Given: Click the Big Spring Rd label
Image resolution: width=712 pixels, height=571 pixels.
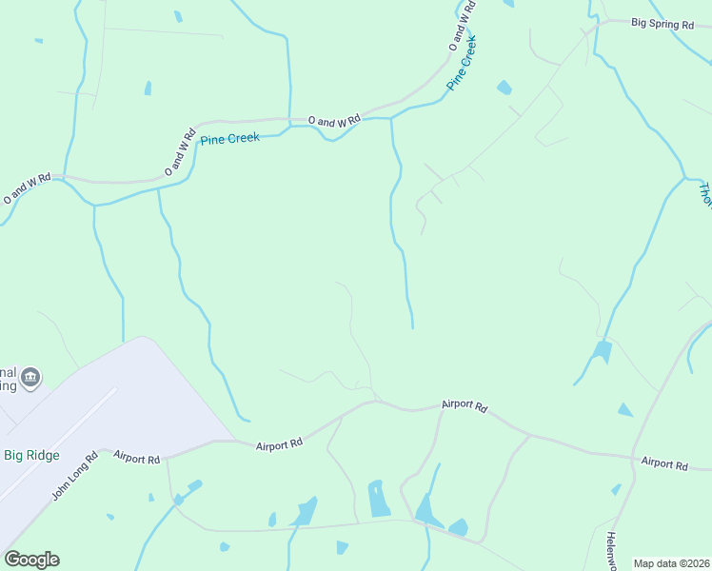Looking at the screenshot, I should pos(663,25).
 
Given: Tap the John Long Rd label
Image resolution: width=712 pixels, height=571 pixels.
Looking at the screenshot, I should pos(75,476).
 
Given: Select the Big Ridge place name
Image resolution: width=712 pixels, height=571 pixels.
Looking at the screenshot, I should pos(32,454).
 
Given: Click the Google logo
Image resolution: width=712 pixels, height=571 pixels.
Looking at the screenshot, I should pos(31,560).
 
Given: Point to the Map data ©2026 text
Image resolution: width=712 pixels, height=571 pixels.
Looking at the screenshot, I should pos(672,563).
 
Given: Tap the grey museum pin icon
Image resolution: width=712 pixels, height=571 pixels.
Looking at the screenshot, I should pos(30,377).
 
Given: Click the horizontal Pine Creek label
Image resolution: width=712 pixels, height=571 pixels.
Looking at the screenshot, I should pos(229,139).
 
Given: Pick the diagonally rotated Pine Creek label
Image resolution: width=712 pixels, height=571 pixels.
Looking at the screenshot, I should pos(462,64).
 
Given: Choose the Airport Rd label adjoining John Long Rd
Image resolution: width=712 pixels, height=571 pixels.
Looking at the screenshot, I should pos(137,459).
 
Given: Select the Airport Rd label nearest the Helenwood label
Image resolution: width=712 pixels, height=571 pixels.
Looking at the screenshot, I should pos(664,463).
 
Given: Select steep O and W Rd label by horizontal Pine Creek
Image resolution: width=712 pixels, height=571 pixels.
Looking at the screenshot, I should pos(179,150).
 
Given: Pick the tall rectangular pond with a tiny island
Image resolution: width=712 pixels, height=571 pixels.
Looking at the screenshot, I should pos(379,498).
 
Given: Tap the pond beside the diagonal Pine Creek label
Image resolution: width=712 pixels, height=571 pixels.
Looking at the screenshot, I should pos(504,88).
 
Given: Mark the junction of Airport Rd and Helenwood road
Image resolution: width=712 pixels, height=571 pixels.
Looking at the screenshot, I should pos(634,458).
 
